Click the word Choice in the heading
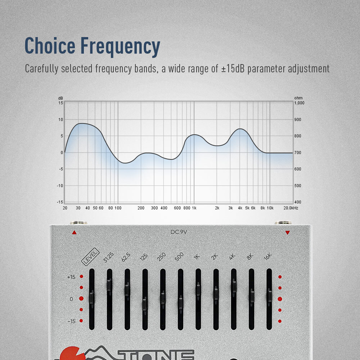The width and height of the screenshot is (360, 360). pyautogui.click(x=50, y=46)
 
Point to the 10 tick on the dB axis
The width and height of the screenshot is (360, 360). pyautogui.click(x=61, y=120)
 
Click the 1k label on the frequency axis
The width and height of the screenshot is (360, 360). pyautogui.click(x=194, y=208)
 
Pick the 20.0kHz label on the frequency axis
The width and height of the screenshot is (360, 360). pyautogui.click(x=291, y=208)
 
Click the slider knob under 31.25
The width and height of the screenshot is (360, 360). pyautogui.click(x=109, y=285)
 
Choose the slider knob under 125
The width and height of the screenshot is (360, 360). pyautogui.click(x=145, y=304)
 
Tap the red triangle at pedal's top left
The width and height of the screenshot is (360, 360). pyautogui.click(x=74, y=233)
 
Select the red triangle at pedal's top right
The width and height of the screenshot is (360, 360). pyautogui.click(x=287, y=233)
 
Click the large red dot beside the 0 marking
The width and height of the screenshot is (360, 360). pyautogui.click(x=81, y=299)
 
